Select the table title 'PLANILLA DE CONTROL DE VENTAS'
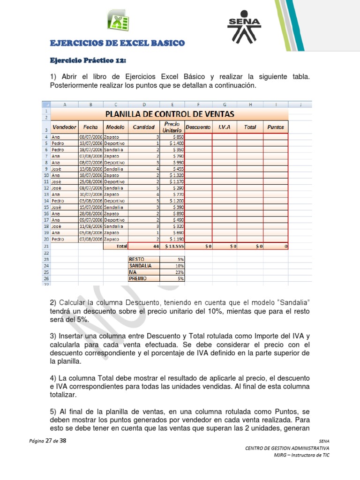click(x=169, y=114)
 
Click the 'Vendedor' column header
click(x=65, y=127)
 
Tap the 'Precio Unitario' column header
click(x=172, y=127)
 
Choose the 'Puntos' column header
click(x=275, y=127)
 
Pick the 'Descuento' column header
click(x=199, y=127)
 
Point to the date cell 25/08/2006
click(x=90, y=181)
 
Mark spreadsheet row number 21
click(x=46, y=246)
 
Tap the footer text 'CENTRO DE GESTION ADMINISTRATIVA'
click(x=287, y=449)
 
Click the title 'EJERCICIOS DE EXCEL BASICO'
click(x=117, y=43)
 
